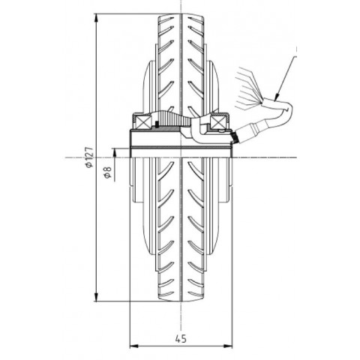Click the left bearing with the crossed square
141,119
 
